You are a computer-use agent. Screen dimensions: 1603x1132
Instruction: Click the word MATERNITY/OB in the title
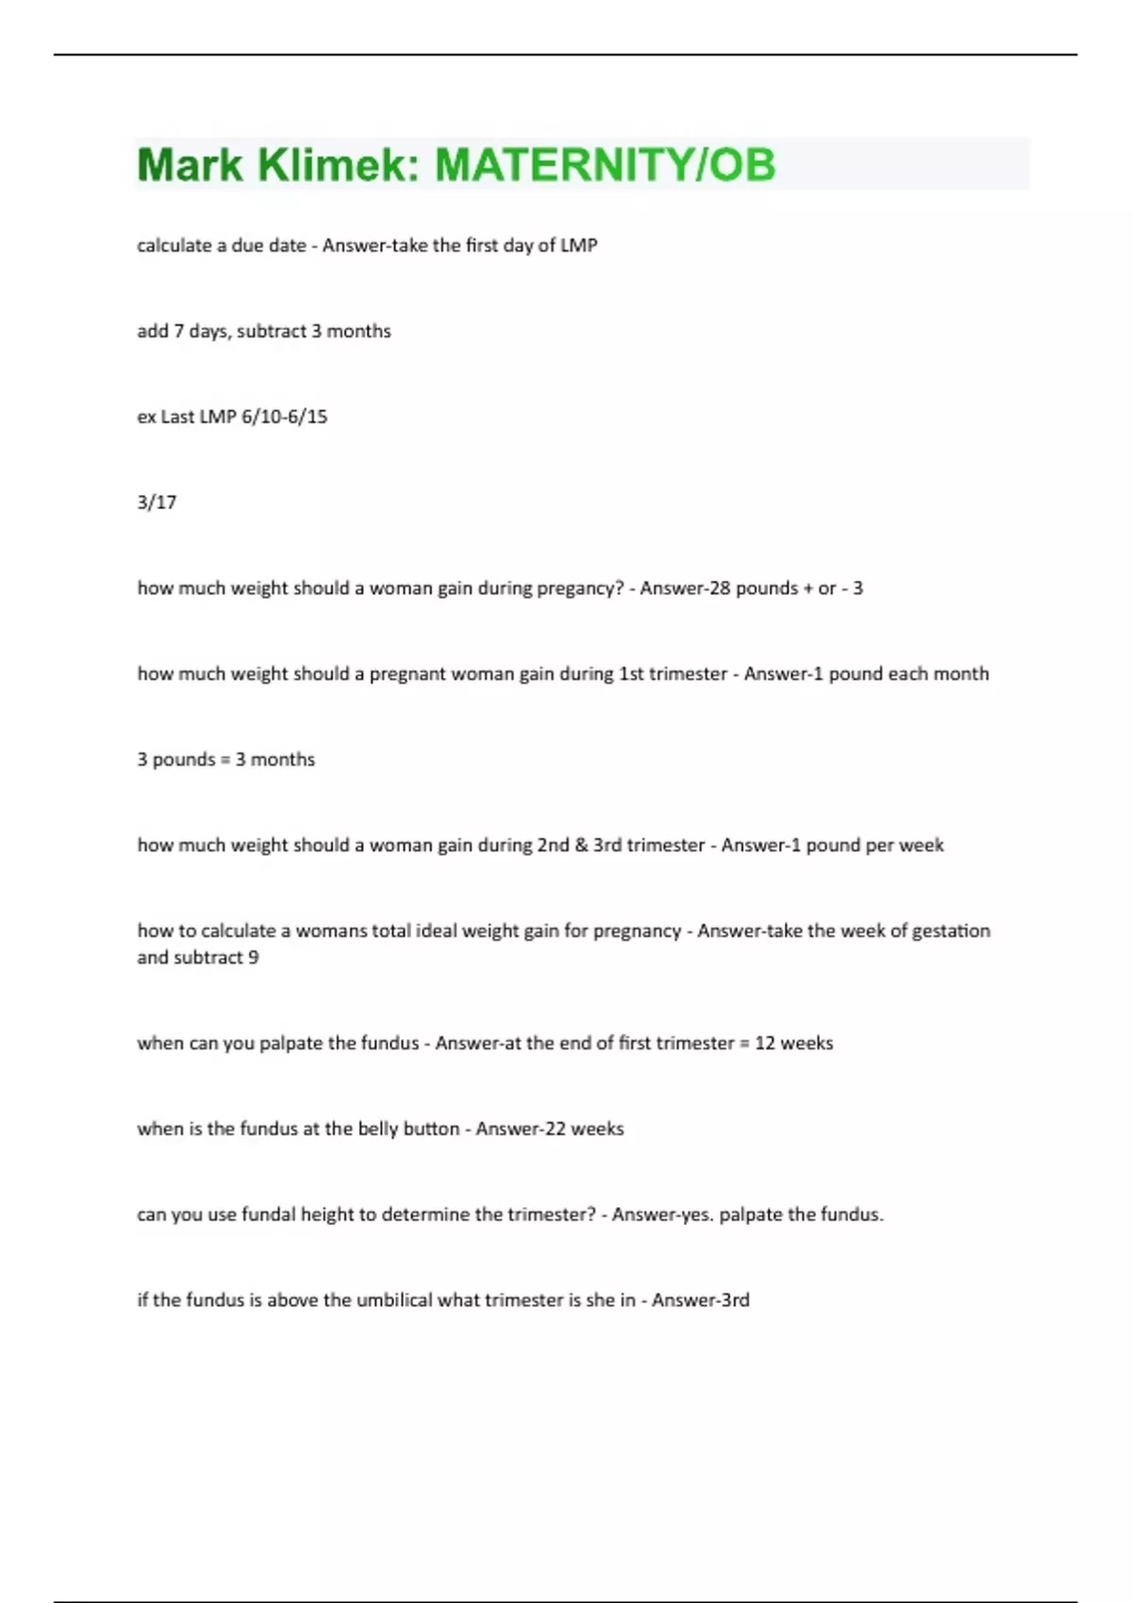click(x=605, y=165)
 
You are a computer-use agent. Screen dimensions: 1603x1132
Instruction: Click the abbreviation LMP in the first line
click(x=579, y=245)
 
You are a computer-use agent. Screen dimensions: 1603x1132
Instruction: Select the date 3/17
click(x=157, y=503)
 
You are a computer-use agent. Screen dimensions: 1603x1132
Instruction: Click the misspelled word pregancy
click(x=580, y=588)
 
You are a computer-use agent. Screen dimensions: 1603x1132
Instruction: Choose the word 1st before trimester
click(x=630, y=674)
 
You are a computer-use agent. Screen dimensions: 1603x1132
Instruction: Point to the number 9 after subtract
click(x=253, y=958)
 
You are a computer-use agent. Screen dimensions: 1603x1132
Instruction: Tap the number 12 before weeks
click(x=764, y=1044)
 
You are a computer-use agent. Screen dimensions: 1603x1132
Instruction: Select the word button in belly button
click(x=431, y=1129)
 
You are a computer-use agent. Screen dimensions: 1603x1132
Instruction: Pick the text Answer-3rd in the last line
click(x=700, y=1300)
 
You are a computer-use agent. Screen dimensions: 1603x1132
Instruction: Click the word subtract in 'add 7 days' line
click(x=272, y=331)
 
